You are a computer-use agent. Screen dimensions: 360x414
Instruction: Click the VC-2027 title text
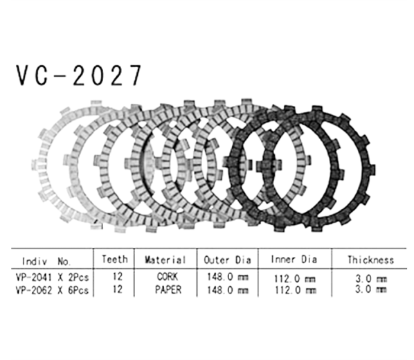click(79, 76)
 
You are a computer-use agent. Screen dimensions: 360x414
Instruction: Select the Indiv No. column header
click(47, 261)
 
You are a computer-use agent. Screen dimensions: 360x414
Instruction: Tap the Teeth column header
click(114, 260)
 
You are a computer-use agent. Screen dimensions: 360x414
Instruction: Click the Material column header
click(165, 261)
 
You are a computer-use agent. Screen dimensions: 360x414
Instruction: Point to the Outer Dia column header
click(227, 261)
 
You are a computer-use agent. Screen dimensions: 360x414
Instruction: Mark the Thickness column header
click(371, 261)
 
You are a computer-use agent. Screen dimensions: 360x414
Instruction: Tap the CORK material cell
click(165, 278)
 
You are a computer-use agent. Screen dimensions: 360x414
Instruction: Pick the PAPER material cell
click(165, 290)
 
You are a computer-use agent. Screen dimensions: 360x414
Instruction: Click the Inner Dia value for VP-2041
click(294, 278)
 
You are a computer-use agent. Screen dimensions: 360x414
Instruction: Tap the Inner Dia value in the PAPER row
click(294, 290)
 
